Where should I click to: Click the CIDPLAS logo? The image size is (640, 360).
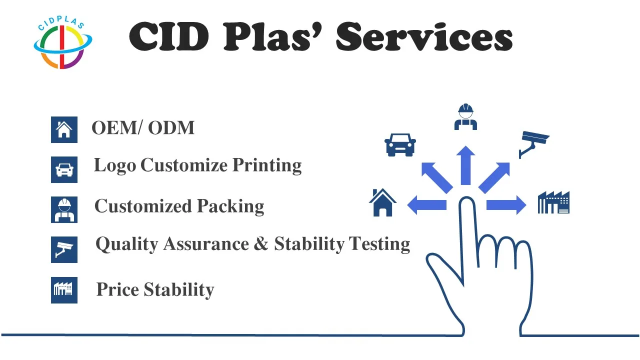coord(63,42)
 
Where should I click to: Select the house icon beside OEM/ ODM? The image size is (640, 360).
coord(64,129)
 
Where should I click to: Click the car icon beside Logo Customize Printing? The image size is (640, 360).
coord(64,169)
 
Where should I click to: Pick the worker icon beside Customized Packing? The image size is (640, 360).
coord(64,209)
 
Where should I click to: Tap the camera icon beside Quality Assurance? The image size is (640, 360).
coord(64,249)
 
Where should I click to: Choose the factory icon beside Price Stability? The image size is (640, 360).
coord(64,290)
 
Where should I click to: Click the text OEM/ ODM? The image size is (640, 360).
coord(143,128)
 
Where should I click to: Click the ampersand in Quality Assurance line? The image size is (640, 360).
coord(261,244)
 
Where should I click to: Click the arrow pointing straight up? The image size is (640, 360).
coord(466,165)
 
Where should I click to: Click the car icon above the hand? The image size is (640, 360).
coord(400,144)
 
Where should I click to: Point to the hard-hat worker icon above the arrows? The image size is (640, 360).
coord(465,117)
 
